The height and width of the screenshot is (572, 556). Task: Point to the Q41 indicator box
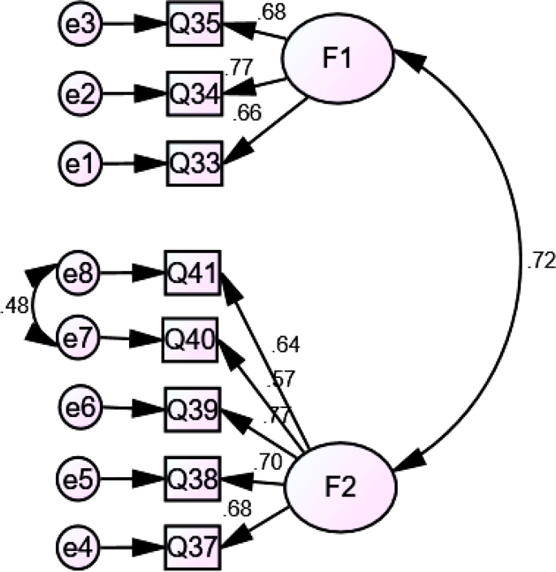(x=192, y=273)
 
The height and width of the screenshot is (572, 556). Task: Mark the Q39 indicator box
(x=192, y=408)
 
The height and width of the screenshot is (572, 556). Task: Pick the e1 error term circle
(x=79, y=163)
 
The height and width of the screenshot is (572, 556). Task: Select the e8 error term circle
(x=79, y=273)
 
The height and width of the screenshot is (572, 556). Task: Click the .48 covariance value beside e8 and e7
(x=15, y=307)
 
